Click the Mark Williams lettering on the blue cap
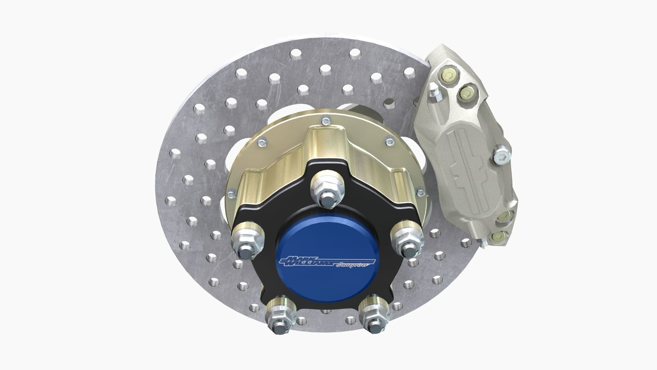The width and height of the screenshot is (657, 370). (306, 261)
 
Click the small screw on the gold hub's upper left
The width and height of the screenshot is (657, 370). (262, 141)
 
